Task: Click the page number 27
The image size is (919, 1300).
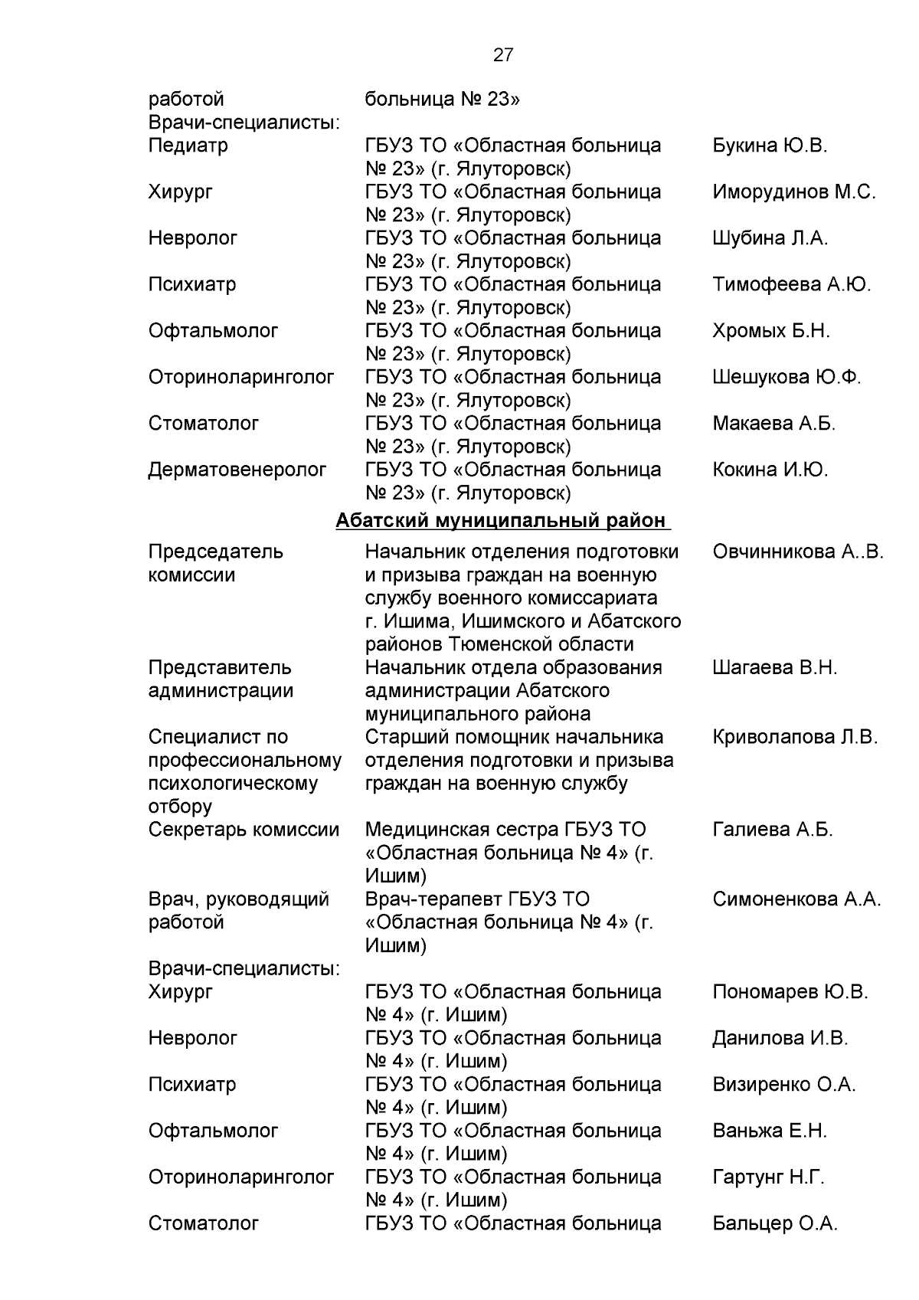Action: click(503, 55)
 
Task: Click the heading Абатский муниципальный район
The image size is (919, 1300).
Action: click(502, 521)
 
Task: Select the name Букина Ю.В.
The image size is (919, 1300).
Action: click(769, 146)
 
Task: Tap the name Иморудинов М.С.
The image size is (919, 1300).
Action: click(793, 192)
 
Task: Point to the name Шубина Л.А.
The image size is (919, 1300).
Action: click(770, 238)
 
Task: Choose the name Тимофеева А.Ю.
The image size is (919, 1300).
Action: click(791, 284)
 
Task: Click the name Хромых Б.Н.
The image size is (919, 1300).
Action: click(770, 331)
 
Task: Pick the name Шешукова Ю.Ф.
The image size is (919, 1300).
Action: click(786, 377)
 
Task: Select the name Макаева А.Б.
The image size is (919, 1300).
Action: click(773, 423)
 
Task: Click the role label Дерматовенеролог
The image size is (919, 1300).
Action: click(237, 470)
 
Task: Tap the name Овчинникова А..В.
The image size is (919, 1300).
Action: click(797, 552)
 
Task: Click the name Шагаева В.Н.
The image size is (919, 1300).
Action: click(774, 667)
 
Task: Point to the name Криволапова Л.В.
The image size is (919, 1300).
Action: click(794, 737)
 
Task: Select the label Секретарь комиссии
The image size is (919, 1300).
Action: click(244, 830)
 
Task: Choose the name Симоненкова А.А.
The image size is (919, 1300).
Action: click(796, 899)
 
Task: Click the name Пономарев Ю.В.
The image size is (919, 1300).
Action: click(790, 992)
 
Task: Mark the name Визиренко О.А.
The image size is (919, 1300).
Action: click(783, 1085)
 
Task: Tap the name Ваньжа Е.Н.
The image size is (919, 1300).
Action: click(769, 1131)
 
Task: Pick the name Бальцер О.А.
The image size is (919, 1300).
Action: click(774, 1223)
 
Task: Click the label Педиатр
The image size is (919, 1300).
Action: click(188, 146)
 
